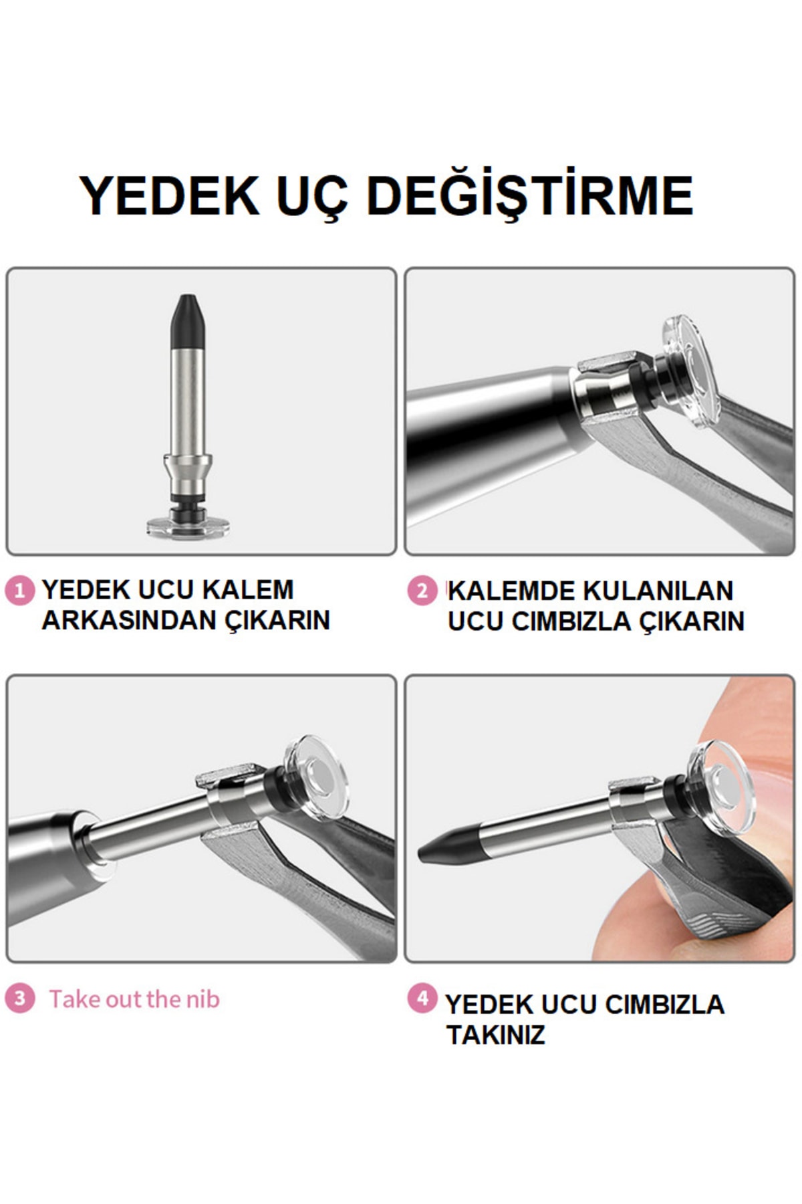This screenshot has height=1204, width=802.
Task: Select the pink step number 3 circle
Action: [x=19, y=999]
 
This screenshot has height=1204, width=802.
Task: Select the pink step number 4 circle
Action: [x=422, y=999]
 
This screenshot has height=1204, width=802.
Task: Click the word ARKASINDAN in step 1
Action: [x=128, y=621]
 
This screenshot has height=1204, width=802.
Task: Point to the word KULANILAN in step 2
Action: [x=658, y=591]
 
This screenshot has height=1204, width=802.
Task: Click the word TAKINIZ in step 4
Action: [x=495, y=1035]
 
